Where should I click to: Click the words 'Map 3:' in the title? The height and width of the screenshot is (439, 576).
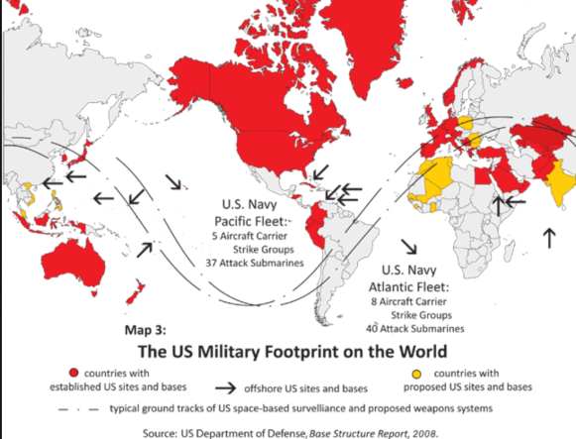[148, 330]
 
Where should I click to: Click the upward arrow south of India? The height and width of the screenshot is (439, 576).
[546, 236]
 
